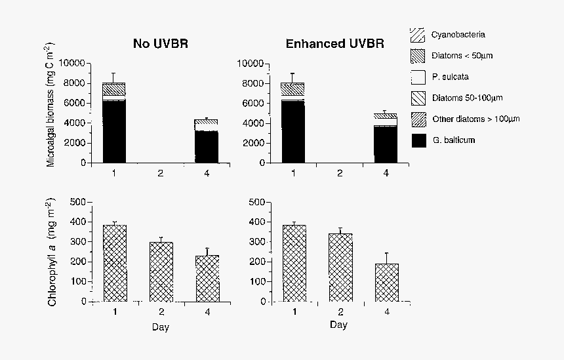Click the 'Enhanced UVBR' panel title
tap(334, 44)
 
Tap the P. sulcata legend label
tap(450, 77)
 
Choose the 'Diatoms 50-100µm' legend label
tap(467, 98)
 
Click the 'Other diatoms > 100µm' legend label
tap(475, 119)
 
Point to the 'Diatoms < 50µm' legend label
tap(462, 56)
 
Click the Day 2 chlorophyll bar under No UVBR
tap(161, 271)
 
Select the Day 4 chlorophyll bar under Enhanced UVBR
tap(387, 283)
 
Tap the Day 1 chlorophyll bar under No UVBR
tap(115, 263)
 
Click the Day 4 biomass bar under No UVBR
tap(207, 141)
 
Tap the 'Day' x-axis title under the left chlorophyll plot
tap(161, 326)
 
